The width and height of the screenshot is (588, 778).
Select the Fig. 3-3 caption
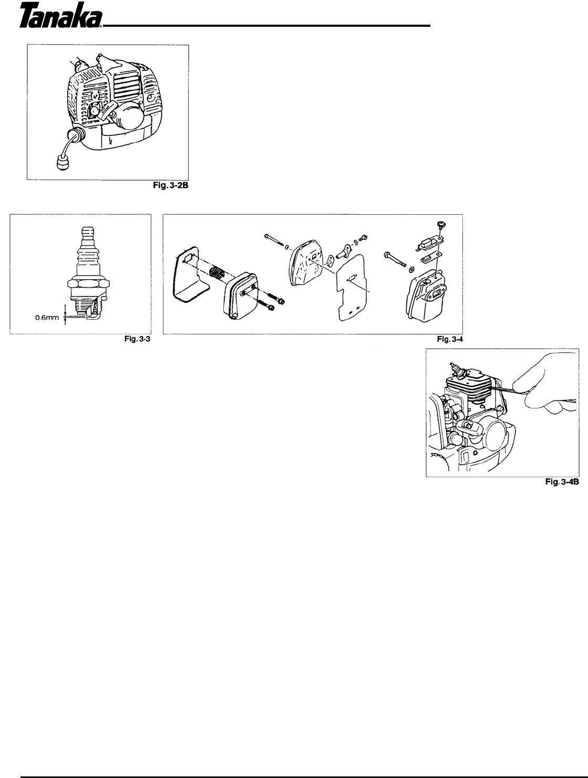pos(137,339)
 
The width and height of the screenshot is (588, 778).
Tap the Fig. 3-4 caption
pos(450,339)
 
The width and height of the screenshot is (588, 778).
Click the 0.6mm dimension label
pos(47,318)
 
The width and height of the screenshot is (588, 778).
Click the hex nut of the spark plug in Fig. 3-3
pos(88,284)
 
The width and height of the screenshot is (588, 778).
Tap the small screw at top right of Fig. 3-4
pos(441,224)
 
